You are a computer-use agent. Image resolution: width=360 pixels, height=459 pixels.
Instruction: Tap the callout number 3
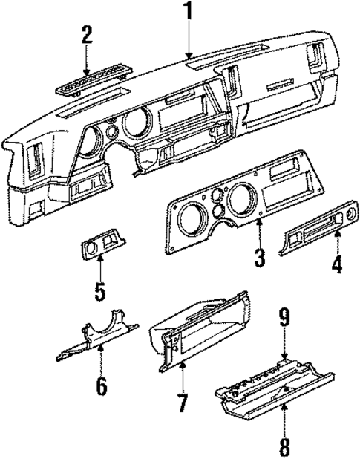click(x=259, y=258)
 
